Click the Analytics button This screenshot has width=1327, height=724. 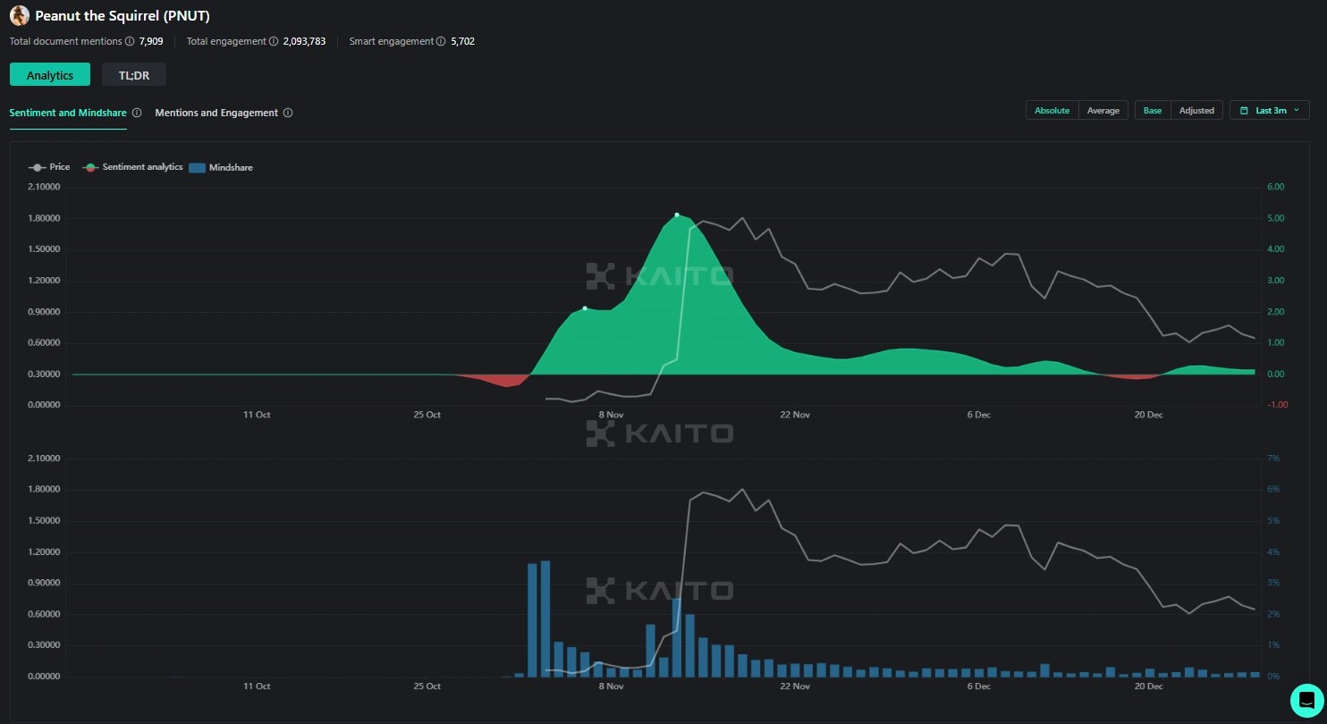[x=50, y=75]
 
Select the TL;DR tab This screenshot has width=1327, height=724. [x=134, y=75]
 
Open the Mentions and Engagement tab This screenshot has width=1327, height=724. [x=216, y=113]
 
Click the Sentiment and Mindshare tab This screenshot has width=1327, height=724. [x=68, y=113]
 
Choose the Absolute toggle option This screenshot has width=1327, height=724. [x=1052, y=110]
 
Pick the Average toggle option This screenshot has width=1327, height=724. [x=1103, y=110]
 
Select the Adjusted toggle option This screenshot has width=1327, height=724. [x=1196, y=110]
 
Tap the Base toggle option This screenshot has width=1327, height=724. [x=1153, y=110]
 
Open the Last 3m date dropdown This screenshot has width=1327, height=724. [x=1269, y=110]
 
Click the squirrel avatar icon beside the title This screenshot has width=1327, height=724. [x=19, y=15]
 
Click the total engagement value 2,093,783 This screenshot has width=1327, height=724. [x=304, y=41]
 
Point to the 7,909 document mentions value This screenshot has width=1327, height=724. [x=151, y=41]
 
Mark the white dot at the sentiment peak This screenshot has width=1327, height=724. [x=677, y=215]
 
